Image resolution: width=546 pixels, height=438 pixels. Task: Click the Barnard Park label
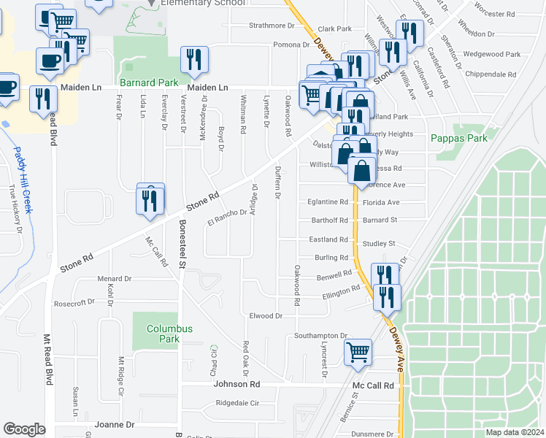point(143,83)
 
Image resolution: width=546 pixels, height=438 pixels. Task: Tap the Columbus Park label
point(169,334)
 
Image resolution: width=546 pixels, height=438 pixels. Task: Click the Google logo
point(24,429)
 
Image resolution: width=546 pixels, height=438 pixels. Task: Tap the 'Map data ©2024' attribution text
point(514,432)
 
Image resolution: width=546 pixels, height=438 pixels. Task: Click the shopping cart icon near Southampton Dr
point(358,352)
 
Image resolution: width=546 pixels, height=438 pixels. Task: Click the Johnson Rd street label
point(237,384)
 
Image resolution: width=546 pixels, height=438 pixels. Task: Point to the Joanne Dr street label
point(115,424)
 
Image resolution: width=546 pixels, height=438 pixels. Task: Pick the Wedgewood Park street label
point(492,54)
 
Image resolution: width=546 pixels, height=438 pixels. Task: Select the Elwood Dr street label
point(266,316)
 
